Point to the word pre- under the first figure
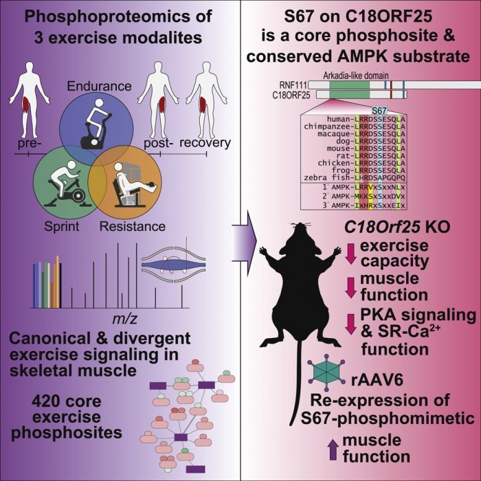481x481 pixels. (x=30, y=145)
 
